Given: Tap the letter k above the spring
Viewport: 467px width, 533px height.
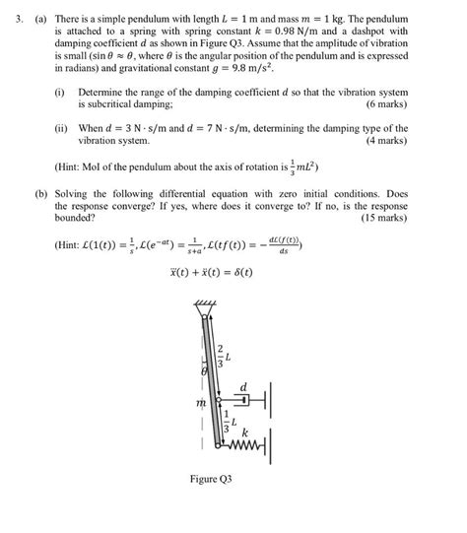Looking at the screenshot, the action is (x=245, y=433).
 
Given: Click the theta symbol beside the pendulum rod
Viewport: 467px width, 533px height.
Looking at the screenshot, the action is (x=203, y=373).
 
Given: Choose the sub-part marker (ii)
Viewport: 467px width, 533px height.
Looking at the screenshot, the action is (x=61, y=129).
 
